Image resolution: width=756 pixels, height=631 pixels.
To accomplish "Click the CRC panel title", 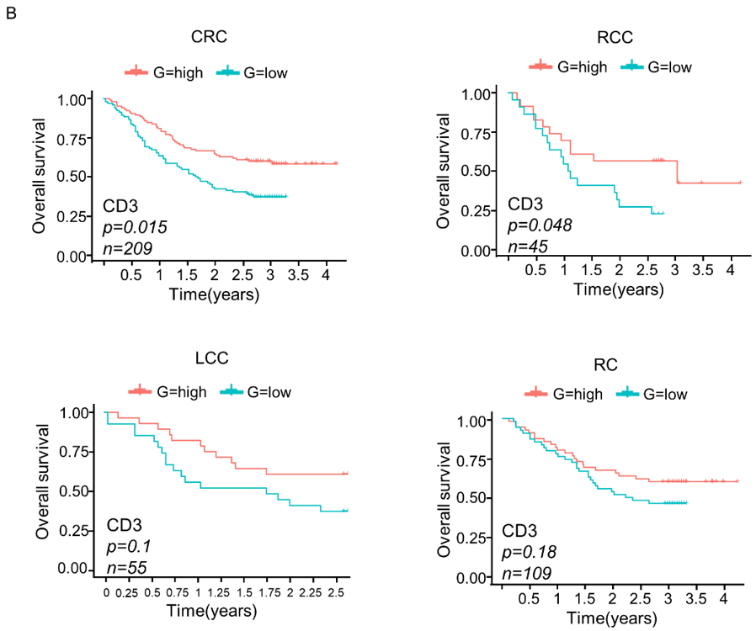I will [208, 37].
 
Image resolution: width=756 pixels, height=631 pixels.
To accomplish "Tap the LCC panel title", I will [210, 358].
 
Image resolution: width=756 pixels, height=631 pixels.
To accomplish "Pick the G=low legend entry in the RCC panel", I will [656, 66].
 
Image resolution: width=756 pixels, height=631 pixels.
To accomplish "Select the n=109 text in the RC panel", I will [526, 574].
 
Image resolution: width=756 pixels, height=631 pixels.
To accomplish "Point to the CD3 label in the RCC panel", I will [526, 204].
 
